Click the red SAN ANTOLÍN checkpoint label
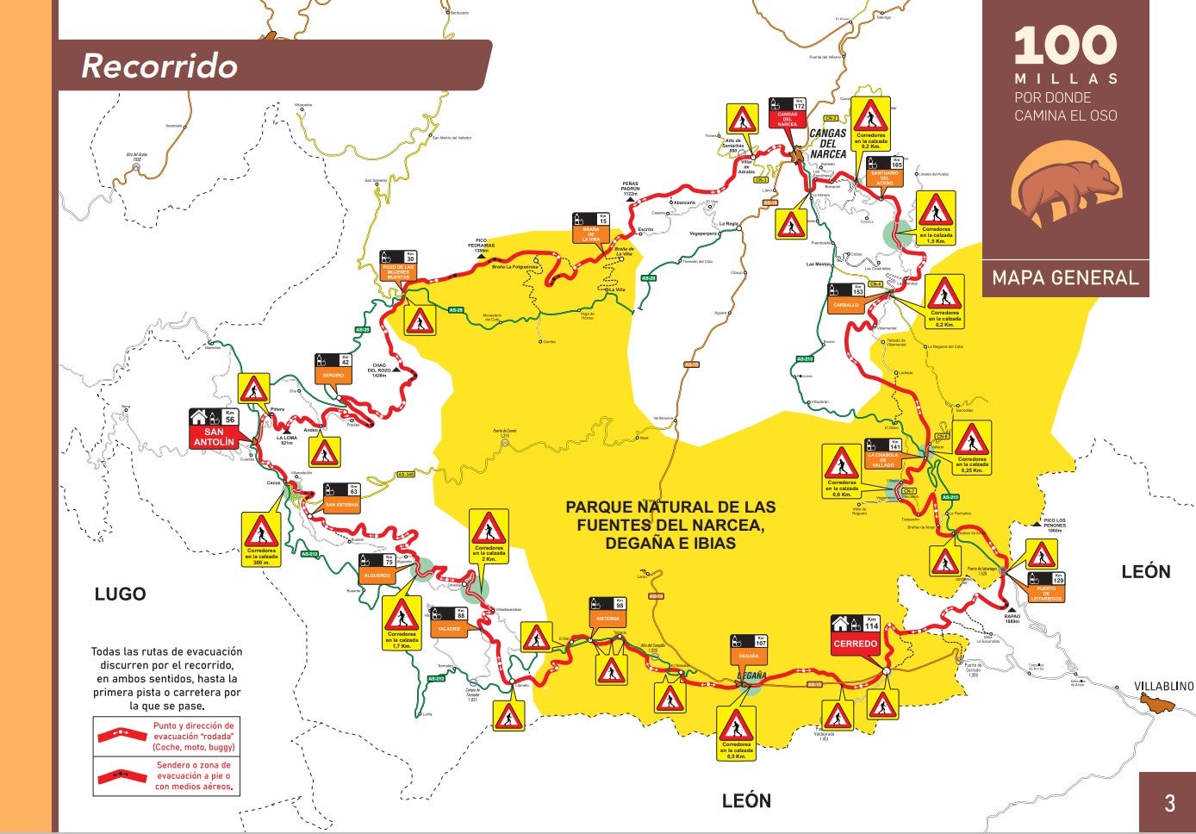214,437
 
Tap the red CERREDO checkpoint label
855,644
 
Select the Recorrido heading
159,66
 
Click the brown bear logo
1065,190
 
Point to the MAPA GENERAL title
1065,277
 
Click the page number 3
1169,803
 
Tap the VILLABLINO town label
1163,686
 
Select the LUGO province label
120,594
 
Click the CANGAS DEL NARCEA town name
827,143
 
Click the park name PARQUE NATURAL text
670,525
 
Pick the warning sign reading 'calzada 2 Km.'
489,537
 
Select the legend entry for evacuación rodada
165,737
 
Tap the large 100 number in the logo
1065,46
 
